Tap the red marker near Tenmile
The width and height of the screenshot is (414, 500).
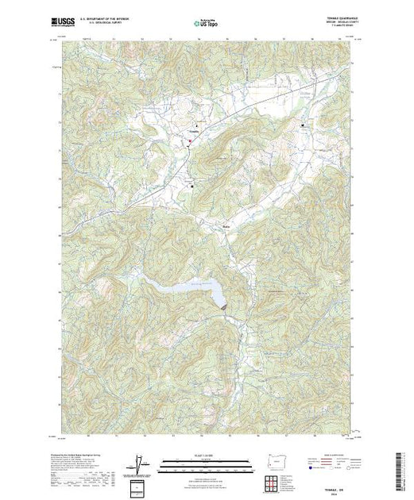pos(189,141)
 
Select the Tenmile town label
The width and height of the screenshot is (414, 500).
pos(195,132)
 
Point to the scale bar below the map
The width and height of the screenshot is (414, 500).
pos(206,463)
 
